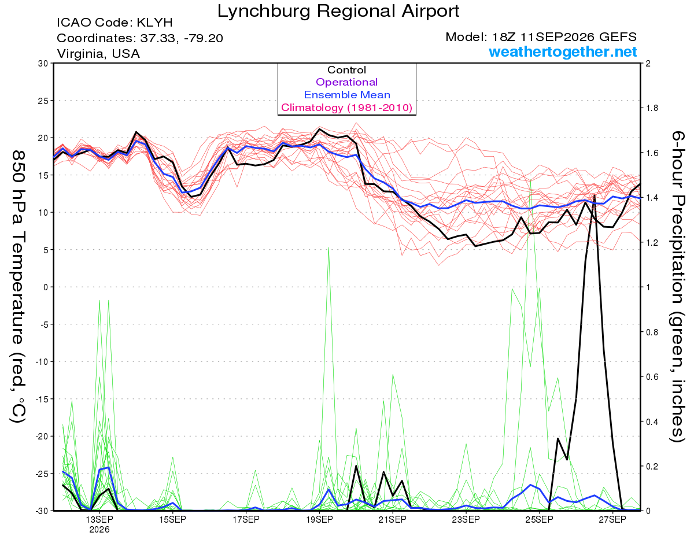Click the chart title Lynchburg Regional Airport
click(338, 11)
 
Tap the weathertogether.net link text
click(563, 52)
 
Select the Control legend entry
click(346, 70)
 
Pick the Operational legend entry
click(346, 82)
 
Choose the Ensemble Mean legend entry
click(347, 95)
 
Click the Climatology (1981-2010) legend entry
click(347, 108)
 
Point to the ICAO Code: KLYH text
click(115, 23)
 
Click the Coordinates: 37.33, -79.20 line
click(140, 38)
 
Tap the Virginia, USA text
click(98, 54)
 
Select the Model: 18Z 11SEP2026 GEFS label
click(541, 37)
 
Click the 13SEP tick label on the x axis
click(99, 520)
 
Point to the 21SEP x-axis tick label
click(393, 520)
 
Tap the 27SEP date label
click(612, 520)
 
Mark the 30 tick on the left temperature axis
click(43, 64)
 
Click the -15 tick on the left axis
click(42, 399)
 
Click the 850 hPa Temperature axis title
click(18, 287)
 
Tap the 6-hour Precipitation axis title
click(678, 287)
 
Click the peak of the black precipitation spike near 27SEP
click(595, 195)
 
